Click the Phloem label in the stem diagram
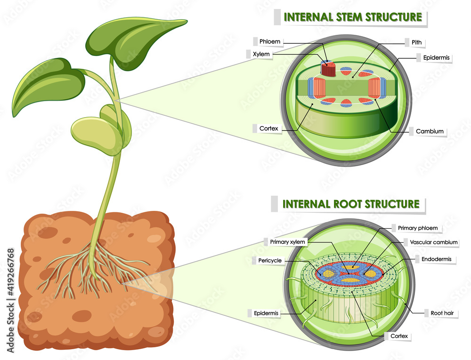pyautogui.click(x=270, y=41)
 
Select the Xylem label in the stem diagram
pyautogui.click(x=261, y=54)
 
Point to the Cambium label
pyautogui.click(x=430, y=131)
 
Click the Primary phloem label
pyautogui.click(x=417, y=228)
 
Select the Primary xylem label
pyautogui.click(x=287, y=242)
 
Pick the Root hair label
pyautogui.click(x=441, y=313)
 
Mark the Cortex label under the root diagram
pyautogui.click(x=399, y=336)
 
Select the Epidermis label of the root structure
pyautogui.click(x=266, y=313)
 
